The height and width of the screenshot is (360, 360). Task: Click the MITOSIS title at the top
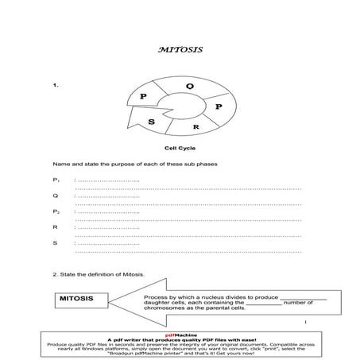tap(180, 49)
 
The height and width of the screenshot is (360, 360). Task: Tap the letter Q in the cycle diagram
tap(188, 85)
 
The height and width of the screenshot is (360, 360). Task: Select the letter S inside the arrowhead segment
tap(151, 122)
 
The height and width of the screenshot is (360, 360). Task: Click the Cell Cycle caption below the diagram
tap(180, 149)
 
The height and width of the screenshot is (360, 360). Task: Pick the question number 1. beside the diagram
tap(55, 83)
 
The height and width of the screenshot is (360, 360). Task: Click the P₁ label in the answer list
tap(56, 181)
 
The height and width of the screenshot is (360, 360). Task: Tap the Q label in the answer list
tap(55, 196)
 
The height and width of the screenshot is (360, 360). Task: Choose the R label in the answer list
tap(55, 227)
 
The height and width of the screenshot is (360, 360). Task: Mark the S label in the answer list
tap(55, 242)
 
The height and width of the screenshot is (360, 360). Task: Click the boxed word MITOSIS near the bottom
tap(76, 298)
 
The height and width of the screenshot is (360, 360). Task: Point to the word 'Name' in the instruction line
tap(60, 165)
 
